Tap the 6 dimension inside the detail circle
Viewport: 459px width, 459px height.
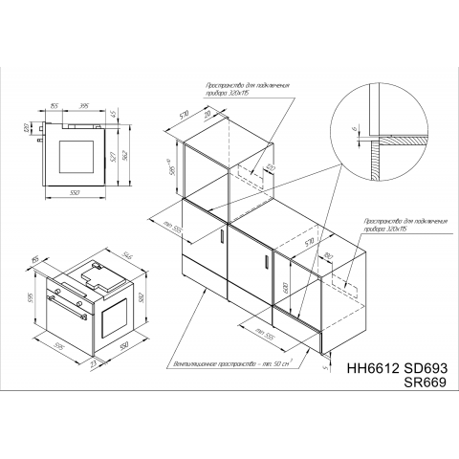click(x=353, y=129)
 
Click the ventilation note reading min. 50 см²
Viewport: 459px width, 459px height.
click(x=230, y=364)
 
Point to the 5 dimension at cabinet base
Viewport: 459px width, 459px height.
click(x=325, y=363)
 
